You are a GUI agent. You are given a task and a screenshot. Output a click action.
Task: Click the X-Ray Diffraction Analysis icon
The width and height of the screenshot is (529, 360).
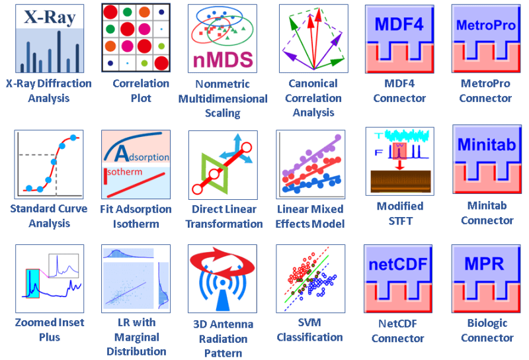pos(50,38)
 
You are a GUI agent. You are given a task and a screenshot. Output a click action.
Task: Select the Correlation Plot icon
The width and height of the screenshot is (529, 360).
pos(136,38)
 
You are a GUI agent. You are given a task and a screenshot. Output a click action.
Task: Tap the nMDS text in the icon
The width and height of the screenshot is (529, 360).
pos(223,60)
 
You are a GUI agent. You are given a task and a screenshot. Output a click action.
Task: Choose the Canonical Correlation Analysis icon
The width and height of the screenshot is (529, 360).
pos(313,38)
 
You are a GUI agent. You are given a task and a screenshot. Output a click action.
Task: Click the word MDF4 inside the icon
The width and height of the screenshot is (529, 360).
pos(399,24)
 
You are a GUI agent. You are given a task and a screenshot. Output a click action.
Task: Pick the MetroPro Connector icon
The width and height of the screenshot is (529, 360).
pos(486,38)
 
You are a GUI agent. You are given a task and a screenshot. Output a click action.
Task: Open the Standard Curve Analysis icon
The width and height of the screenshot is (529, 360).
pos(48,165)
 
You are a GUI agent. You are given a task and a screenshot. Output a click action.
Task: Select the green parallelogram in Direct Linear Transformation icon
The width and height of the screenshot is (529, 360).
pos(214,174)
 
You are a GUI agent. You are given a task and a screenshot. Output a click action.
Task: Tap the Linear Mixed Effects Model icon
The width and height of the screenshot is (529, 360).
pos(310,165)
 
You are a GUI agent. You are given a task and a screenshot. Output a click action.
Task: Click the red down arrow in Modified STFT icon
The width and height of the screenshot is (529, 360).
pos(400,165)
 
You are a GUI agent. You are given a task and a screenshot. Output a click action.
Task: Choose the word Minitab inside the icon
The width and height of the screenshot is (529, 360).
pos(487,144)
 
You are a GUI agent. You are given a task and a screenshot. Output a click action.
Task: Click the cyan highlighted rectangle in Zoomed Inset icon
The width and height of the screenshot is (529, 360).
pos(32,283)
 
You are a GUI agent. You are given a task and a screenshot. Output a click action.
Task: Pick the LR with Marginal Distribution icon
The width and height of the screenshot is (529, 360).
pos(136,279)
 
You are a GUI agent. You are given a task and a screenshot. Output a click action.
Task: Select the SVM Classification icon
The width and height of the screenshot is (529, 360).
pos(310,279)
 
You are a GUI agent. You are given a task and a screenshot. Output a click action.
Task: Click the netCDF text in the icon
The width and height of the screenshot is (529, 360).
pos(398,265)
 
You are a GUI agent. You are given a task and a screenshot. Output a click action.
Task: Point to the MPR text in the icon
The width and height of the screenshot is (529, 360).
pos(484,264)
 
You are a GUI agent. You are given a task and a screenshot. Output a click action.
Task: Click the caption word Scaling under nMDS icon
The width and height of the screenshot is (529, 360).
pos(223,112)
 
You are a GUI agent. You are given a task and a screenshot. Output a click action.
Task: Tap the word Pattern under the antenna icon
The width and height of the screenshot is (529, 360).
pos(223,353)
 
